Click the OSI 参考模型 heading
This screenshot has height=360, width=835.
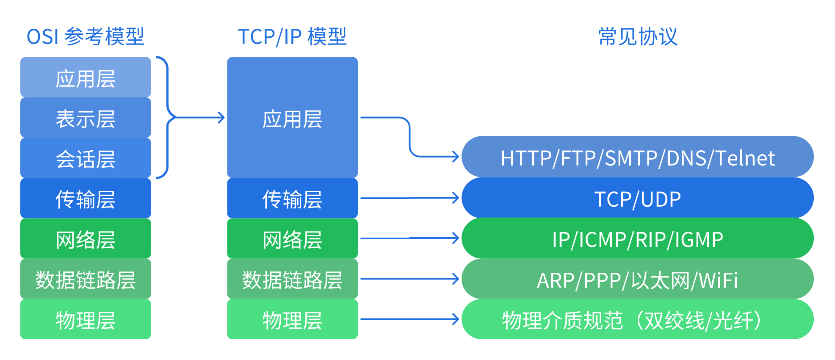pos(86,36)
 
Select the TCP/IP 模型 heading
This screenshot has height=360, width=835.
pos(292,36)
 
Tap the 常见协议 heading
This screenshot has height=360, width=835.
pos(638,36)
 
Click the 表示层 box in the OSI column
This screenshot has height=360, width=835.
pos(86,118)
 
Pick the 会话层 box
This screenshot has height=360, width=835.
pos(86,158)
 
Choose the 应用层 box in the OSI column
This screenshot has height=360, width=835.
pos(86,78)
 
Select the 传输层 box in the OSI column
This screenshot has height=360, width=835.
pos(86,198)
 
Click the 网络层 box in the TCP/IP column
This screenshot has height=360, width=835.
pos(292,238)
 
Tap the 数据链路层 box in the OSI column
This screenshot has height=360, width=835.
pos(86,279)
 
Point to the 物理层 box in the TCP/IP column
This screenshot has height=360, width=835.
pos(292,319)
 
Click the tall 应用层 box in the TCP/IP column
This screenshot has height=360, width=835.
pos(292,118)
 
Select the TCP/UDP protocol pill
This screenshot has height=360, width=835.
pos(637,198)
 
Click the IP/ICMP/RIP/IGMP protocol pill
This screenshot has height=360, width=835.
pos(637,238)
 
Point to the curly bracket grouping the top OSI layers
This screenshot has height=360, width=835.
pos(168,118)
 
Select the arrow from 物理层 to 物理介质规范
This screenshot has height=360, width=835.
pos(409,319)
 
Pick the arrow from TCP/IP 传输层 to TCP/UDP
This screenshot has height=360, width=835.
pos(409,198)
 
